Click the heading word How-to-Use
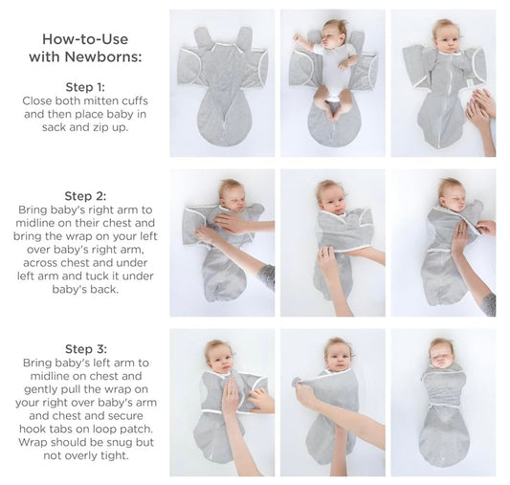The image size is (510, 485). [x=85, y=39]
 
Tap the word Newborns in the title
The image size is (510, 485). [x=103, y=56]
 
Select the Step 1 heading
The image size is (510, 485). [x=85, y=87]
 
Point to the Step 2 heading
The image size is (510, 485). [x=85, y=196]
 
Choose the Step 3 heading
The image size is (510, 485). [x=85, y=349]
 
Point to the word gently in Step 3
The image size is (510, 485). [x=39, y=389]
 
